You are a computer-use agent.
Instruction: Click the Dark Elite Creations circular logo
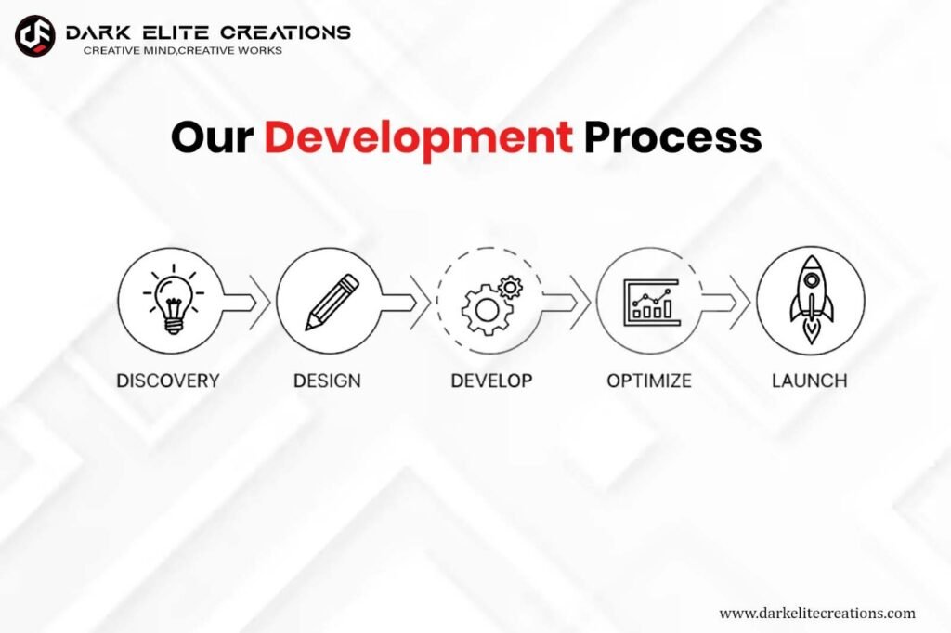pyautogui.click(x=35, y=36)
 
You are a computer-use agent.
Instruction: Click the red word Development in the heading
pyautogui.click(x=419, y=138)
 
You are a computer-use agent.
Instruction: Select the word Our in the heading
pyautogui.click(x=212, y=137)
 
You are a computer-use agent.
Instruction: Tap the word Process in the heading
pyautogui.click(x=672, y=137)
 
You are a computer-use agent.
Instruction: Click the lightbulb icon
pyautogui.click(x=174, y=299)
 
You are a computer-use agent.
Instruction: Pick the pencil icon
pyautogui.click(x=332, y=302)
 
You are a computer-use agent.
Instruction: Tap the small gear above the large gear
pyautogui.click(x=510, y=287)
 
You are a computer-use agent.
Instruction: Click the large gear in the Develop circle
pyautogui.click(x=487, y=310)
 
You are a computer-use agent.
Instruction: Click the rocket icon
pyautogui.click(x=811, y=299)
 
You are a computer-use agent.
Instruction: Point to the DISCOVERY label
pyautogui.click(x=168, y=381)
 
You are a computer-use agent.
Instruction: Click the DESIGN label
pyautogui.click(x=327, y=381)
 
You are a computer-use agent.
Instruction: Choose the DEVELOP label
pyautogui.click(x=492, y=381)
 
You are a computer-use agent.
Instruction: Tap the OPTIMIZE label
pyautogui.click(x=649, y=381)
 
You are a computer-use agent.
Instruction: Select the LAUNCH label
pyautogui.click(x=810, y=381)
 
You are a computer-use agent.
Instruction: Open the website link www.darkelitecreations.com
pyautogui.click(x=817, y=613)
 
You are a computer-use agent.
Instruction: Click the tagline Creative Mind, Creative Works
pyautogui.click(x=183, y=50)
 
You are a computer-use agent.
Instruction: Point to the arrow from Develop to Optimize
pyautogui.click(x=567, y=303)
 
